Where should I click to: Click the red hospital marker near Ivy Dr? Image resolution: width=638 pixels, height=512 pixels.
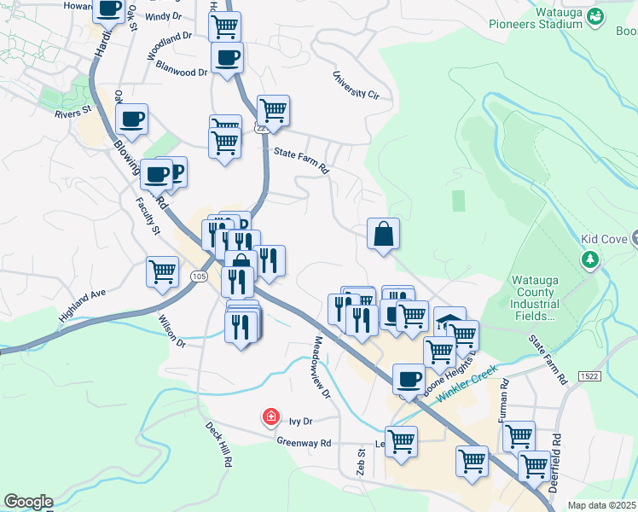click(x=271, y=416)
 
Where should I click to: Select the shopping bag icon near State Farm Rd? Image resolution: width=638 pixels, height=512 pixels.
click(x=383, y=233)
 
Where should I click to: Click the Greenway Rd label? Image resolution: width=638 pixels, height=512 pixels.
click(x=303, y=442)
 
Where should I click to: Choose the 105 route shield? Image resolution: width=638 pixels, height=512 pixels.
click(x=199, y=276)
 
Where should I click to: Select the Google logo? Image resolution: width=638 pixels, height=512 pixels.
click(x=28, y=502)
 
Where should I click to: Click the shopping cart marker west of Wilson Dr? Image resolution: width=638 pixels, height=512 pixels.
click(x=162, y=272)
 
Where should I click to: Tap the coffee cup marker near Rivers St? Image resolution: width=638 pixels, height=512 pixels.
click(x=131, y=119)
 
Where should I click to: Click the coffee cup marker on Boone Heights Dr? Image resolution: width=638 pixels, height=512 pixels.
click(x=409, y=378)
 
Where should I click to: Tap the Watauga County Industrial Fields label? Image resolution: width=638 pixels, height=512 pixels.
click(x=534, y=297)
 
